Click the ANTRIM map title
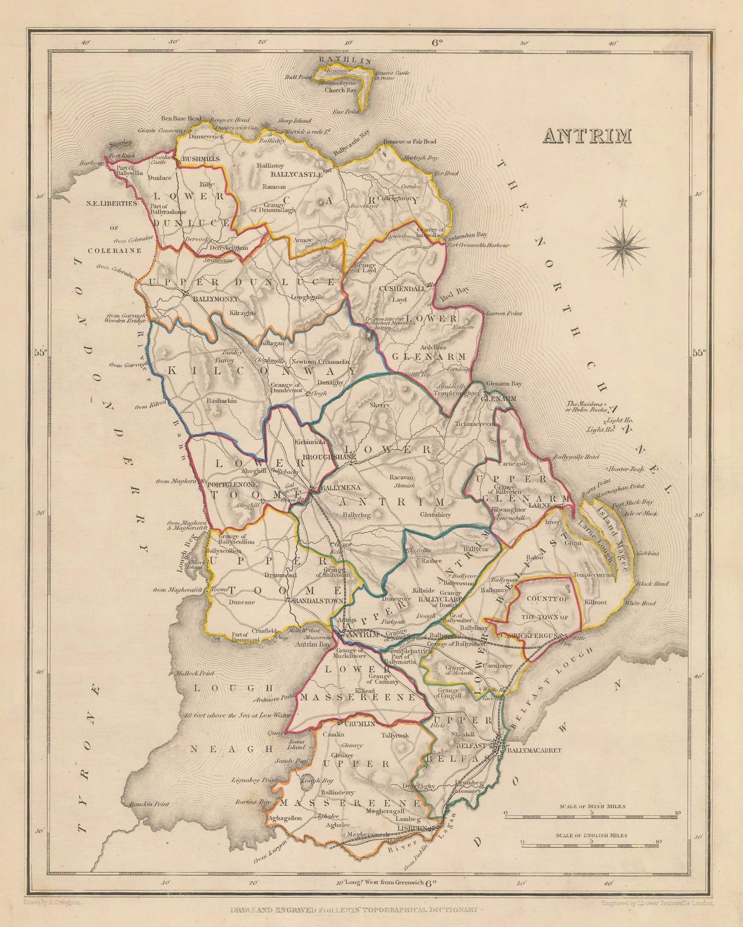point(585,134)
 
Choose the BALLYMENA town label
point(335,488)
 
